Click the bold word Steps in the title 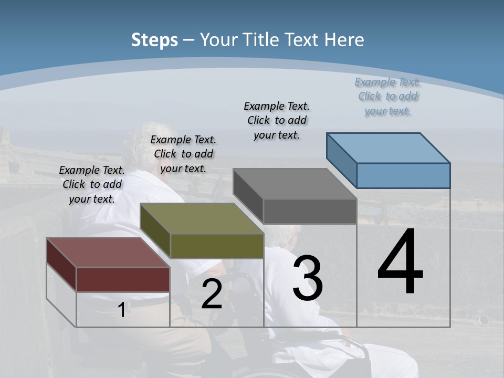pos(154,40)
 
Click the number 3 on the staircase pos(308,278)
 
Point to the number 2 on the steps pos(212,295)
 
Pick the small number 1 pos(122,310)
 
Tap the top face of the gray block pos(295,184)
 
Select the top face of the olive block pos(202,218)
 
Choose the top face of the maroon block pos(108,253)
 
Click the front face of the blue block pos(403,175)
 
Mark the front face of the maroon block pos(123,279)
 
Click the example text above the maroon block pos(92,184)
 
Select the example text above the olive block pos(183,154)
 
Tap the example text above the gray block pos(277,120)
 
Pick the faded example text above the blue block pos(387,96)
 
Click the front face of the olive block pos(217,246)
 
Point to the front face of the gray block pos(310,211)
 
